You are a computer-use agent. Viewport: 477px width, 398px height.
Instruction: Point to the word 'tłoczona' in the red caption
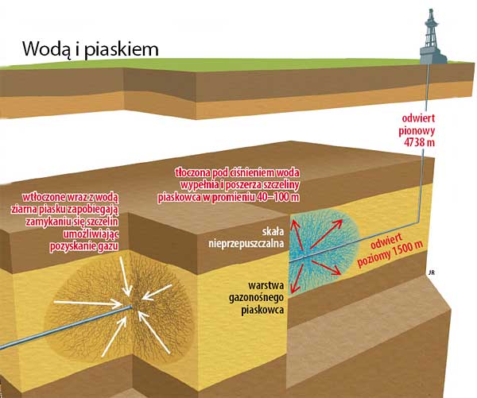(x=197, y=172)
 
